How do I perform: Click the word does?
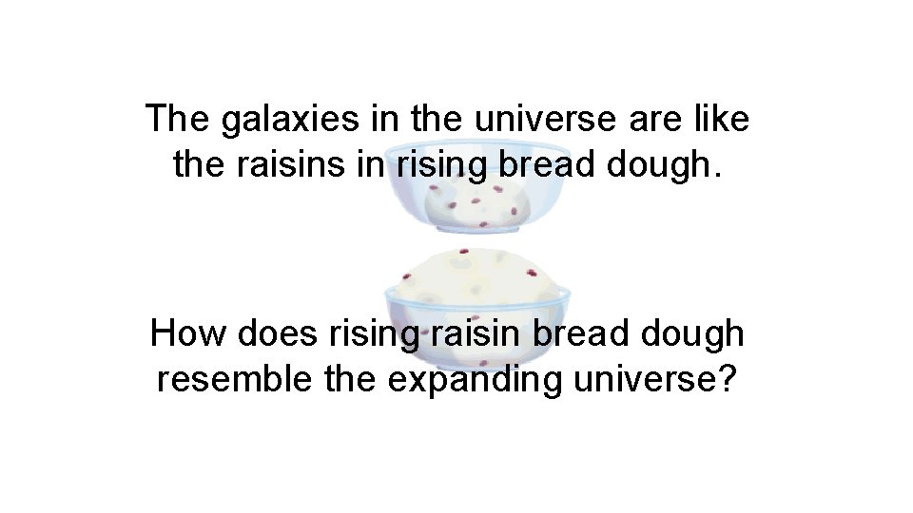pyautogui.click(x=276, y=334)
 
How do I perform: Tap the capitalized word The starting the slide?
pyautogui.click(x=178, y=120)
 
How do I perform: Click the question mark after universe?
pyautogui.click(x=728, y=378)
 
